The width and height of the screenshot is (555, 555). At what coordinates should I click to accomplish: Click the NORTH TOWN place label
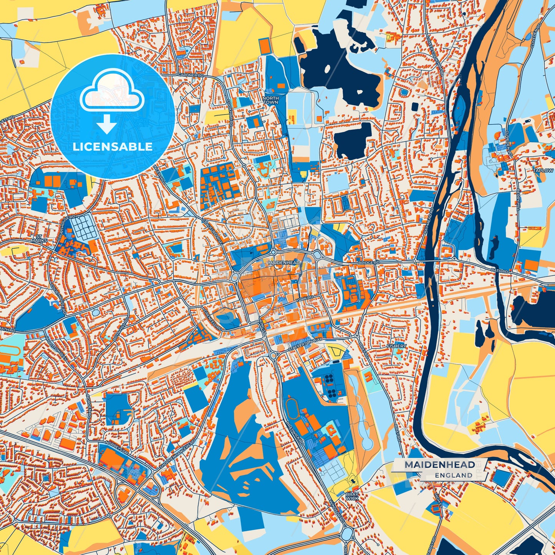pos(270,101)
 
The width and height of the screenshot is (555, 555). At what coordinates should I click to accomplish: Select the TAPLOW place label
pos(543,171)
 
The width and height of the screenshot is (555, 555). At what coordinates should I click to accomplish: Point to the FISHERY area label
pos(396,346)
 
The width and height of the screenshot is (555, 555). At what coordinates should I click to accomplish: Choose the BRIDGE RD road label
pos(369,262)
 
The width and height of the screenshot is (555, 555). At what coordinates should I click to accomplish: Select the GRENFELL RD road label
pos(213,320)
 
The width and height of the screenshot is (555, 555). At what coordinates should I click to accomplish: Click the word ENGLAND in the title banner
pos(454,475)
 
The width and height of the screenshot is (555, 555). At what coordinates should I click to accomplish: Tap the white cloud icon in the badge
pos(112,93)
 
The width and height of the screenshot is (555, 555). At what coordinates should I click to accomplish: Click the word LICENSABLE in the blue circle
pos(113,146)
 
